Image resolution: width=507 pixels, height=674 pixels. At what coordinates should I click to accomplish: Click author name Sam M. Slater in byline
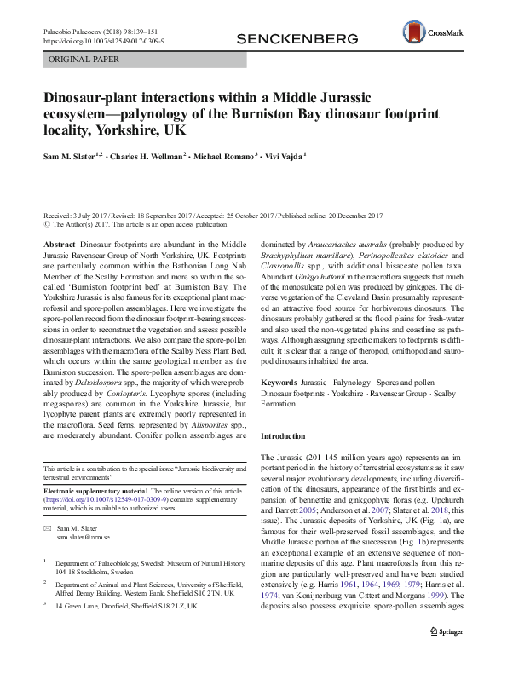coord(72,156)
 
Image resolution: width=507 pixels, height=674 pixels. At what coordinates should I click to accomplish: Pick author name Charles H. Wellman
coord(147,156)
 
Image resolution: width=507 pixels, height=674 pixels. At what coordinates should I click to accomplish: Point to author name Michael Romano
coord(228,156)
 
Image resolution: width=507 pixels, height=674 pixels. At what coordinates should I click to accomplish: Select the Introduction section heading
coord(282,435)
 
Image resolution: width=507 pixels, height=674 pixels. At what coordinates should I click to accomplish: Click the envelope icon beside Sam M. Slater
coord(46,528)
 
